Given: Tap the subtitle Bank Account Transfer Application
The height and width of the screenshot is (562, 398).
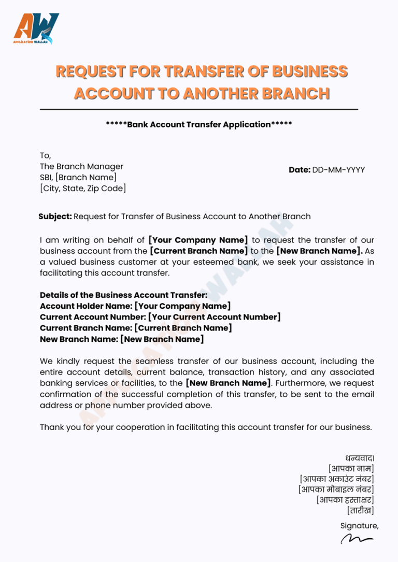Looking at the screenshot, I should click(199, 125).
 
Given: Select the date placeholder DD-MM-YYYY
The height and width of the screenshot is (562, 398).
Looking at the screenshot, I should click(338, 170).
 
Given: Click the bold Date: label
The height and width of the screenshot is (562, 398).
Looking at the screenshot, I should click(300, 170).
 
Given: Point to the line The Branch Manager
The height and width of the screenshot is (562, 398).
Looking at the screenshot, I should click(81, 167).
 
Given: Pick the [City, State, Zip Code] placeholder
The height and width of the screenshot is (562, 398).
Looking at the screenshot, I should click(83, 189).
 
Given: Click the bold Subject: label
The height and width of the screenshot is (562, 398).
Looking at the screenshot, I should click(55, 217).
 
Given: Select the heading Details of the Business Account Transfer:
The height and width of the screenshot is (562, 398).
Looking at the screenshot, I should click(123, 295).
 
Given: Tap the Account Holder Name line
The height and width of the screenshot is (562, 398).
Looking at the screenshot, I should click(135, 306).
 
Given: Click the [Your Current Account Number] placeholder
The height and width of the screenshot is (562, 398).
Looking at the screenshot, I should click(214, 317).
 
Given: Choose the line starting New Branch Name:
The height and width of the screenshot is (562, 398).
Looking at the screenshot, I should click(122, 339).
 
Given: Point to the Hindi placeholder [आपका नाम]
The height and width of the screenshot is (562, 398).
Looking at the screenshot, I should click(351, 469).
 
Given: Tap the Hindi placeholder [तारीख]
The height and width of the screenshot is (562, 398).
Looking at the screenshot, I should click(360, 511).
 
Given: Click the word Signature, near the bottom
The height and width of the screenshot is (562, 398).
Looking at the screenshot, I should click(359, 526).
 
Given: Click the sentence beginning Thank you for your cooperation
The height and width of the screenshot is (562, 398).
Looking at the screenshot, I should click(206, 427).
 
